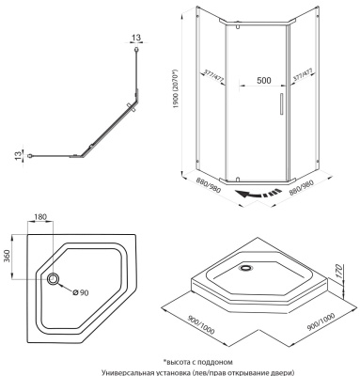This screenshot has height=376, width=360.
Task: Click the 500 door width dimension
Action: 263,81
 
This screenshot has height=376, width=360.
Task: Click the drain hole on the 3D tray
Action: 248,264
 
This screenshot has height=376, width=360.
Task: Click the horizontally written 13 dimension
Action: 138,39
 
